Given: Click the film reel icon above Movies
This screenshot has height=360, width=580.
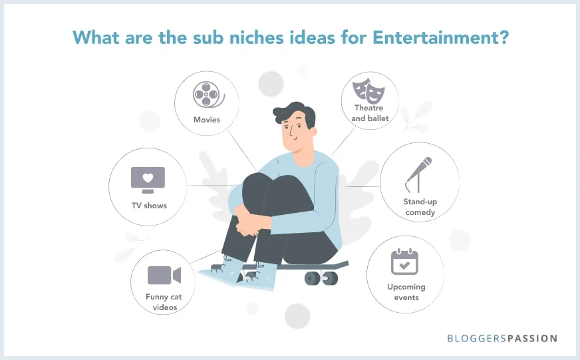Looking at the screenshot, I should tap(207, 95).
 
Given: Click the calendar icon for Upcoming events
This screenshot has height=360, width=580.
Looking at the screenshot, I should tap(404, 262).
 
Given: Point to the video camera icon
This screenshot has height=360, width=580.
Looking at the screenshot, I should tap(164, 275).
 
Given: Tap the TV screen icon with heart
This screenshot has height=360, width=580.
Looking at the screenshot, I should tap(148, 180).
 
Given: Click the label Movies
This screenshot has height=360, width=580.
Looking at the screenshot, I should tap(207, 120).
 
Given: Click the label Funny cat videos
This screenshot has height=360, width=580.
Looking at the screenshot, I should tap(164, 301).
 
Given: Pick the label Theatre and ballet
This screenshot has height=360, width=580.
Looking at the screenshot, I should tap(370, 113).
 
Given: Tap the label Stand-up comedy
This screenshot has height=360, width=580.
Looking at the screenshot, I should tap(419, 206).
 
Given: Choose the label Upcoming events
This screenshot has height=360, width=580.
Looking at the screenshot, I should tap(406, 292).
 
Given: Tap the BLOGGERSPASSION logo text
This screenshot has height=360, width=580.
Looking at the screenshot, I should tap(502, 338).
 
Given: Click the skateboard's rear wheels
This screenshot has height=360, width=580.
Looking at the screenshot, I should tap(320, 277).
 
